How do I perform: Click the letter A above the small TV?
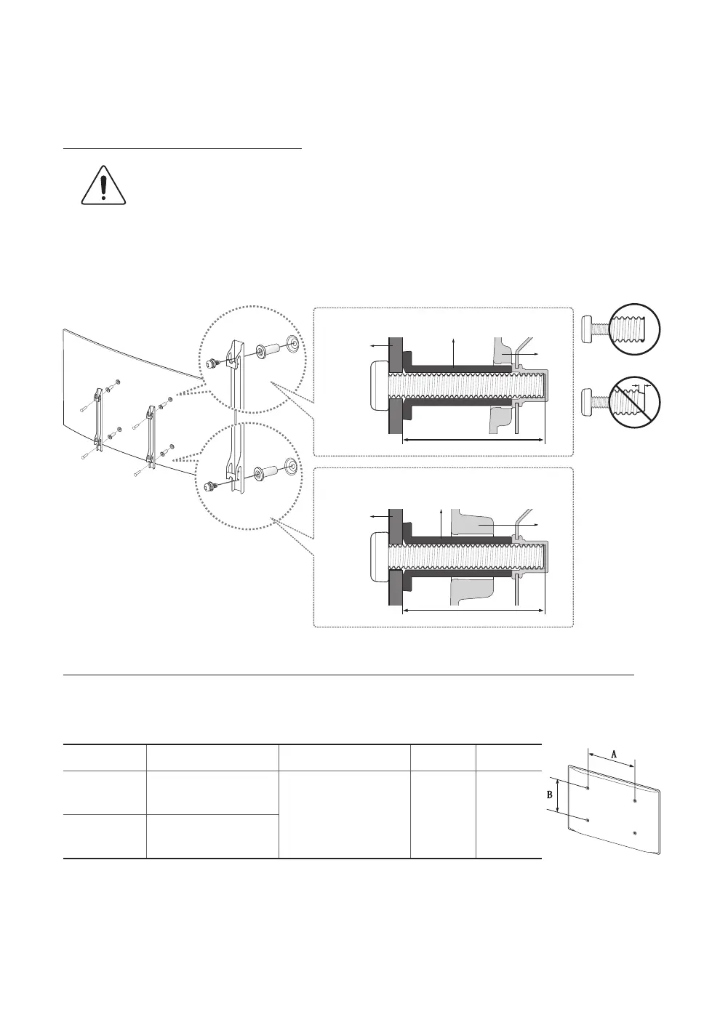click(613, 755)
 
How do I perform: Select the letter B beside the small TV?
click(550, 795)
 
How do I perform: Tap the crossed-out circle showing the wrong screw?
click(634, 401)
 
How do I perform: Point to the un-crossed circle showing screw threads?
click(634, 329)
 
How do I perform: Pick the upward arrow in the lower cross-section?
click(441, 523)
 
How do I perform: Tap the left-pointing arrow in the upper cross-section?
click(377, 346)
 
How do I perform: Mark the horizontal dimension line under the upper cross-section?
click(473, 440)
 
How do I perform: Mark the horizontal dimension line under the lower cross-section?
click(473, 611)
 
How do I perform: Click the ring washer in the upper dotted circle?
click(292, 343)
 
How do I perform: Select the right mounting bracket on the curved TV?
click(151, 434)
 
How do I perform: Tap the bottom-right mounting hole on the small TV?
click(635, 832)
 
